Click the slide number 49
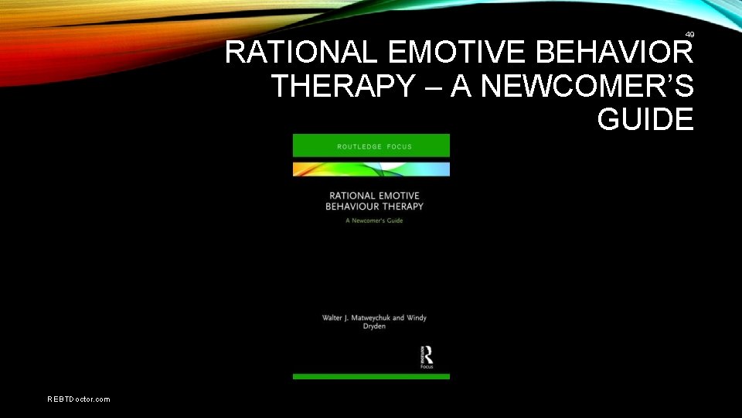(689, 34)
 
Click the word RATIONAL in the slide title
(301, 53)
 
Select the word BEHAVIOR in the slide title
(615, 53)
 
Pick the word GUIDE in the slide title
(645, 120)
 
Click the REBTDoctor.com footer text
(79, 399)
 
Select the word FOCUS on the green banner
(398, 146)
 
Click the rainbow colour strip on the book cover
(371, 169)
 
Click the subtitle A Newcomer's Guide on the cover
(374, 221)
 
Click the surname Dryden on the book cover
(374, 327)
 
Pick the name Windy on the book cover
(416, 318)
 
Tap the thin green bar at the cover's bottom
(371, 376)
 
